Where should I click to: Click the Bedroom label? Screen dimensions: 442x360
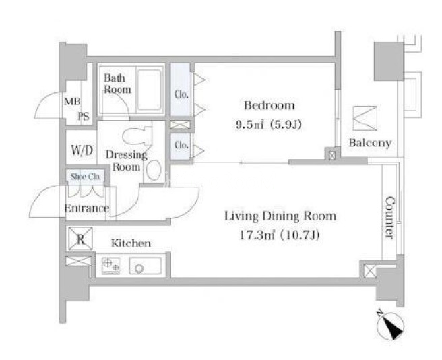coord(270,106)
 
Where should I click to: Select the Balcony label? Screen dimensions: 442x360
coord(370,143)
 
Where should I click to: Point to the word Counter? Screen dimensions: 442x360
coord(389,218)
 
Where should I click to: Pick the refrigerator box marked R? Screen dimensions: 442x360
coord(80,239)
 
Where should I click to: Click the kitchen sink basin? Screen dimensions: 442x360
coord(146,266)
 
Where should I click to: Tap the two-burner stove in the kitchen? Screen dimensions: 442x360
coord(110,266)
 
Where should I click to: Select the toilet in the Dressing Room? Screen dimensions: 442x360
coord(137,135)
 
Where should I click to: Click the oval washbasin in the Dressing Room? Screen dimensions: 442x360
coord(154,170)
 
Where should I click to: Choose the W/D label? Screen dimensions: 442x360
coord(82,150)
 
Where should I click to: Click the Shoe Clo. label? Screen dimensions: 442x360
coord(86,177)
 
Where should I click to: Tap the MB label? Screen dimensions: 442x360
coord(72,101)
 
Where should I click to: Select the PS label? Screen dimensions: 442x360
coord(84,116)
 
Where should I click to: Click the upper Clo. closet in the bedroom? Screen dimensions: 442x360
coord(181,90)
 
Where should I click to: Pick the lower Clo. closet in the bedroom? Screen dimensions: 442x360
coord(181,146)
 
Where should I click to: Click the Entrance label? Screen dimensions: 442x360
coord(87,208)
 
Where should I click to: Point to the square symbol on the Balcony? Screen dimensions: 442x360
coord(365,118)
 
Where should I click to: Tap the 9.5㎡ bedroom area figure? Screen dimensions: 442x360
coord(250,124)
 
